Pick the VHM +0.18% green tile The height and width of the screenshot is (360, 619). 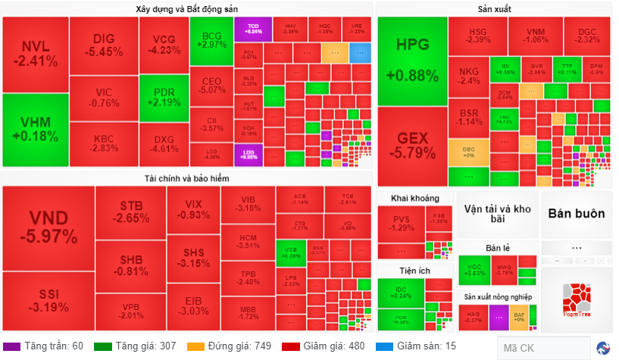[35, 130]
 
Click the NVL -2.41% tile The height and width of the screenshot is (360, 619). [35, 53]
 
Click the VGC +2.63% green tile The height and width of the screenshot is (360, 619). [474, 271]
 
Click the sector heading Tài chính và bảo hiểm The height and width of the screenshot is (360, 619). [187, 178]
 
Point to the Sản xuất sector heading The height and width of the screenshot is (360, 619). [494, 9]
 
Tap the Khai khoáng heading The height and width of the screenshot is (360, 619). [414, 199]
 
